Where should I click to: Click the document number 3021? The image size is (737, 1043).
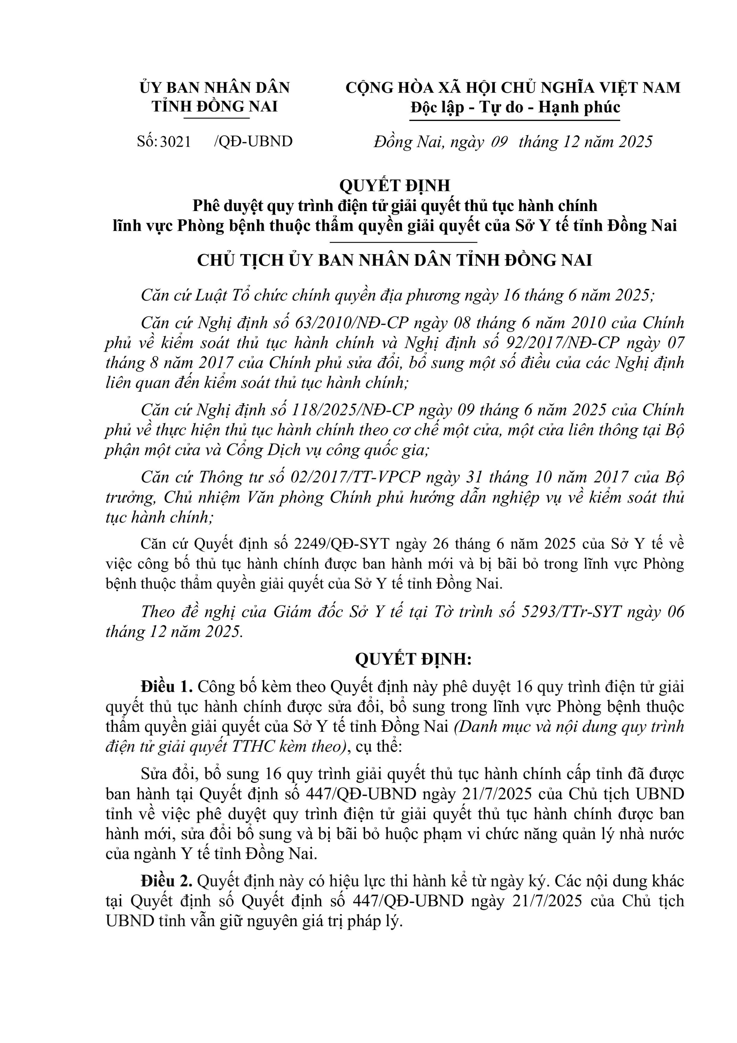coord(176,142)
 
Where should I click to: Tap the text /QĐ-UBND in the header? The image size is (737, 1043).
coord(253,142)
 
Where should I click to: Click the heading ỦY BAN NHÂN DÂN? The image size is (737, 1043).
coord(215,88)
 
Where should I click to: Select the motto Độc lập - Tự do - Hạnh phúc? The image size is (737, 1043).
coord(515,107)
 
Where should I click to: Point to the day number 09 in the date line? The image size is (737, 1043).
coord(499,142)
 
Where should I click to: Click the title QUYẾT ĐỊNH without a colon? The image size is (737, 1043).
coord(395,185)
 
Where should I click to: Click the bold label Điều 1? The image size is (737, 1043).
coord(167,686)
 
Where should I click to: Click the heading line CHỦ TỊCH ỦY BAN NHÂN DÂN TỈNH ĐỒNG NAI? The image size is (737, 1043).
coord(395,260)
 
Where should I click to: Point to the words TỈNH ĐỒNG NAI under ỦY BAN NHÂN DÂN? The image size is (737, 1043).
coord(215,107)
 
